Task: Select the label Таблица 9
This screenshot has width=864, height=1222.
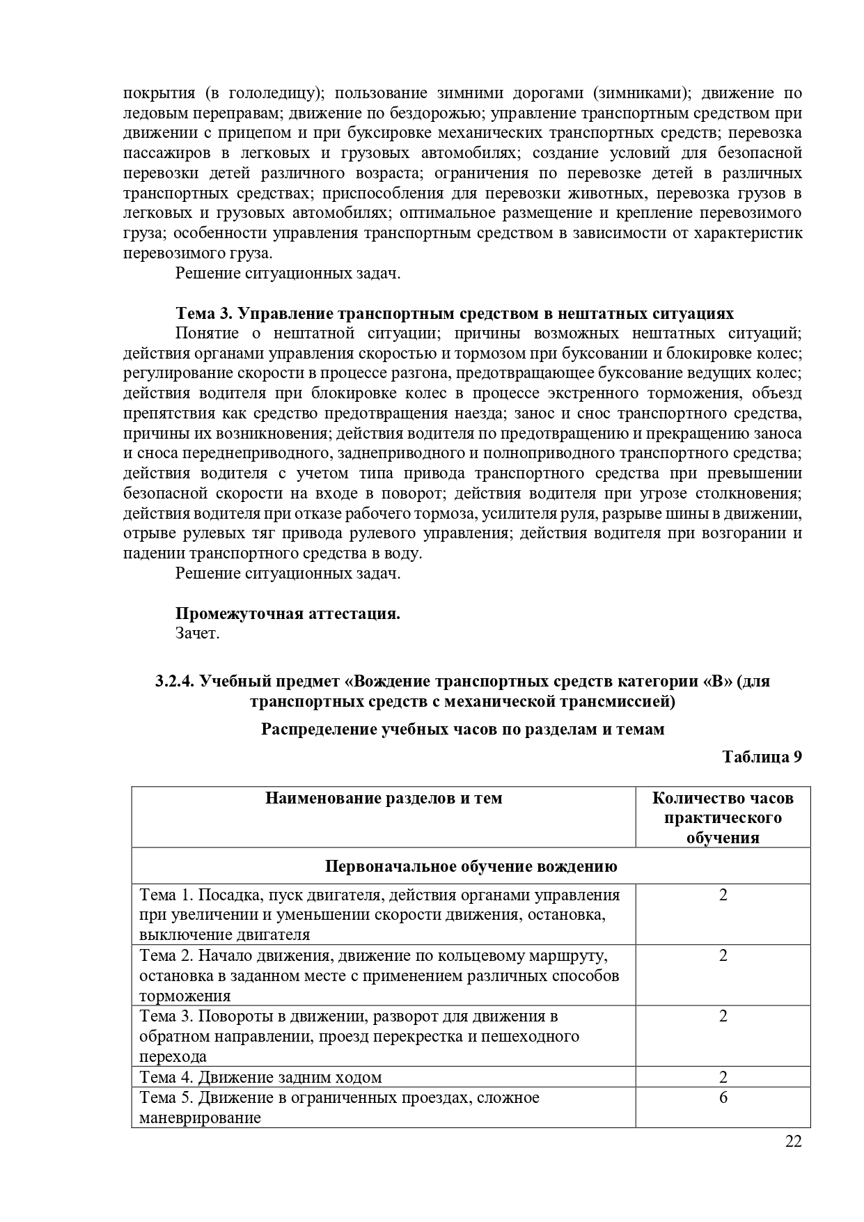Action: click(762, 757)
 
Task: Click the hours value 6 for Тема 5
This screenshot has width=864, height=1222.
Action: click(723, 1098)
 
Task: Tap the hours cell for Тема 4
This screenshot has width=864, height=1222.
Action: click(723, 1077)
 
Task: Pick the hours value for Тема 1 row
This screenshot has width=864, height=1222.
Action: click(723, 895)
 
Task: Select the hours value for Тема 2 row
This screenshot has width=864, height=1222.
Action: click(723, 955)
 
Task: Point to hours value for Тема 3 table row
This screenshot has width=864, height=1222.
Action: click(723, 1017)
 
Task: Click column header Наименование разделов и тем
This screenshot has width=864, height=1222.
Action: click(384, 798)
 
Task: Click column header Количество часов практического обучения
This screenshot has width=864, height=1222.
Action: click(723, 817)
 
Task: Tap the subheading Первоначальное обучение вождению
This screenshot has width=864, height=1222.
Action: click(471, 866)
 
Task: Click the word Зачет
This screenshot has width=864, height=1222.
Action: click(197, 634)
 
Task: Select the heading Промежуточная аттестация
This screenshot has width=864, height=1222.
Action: click(288, 613)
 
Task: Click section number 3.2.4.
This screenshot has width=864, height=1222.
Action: click(175, 681)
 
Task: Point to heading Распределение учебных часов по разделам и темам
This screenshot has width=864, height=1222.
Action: click(462, 729)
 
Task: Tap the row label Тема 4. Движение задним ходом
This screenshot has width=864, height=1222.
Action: click(261, 1077)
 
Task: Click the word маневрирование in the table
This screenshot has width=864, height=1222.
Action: click(200, 1118)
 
